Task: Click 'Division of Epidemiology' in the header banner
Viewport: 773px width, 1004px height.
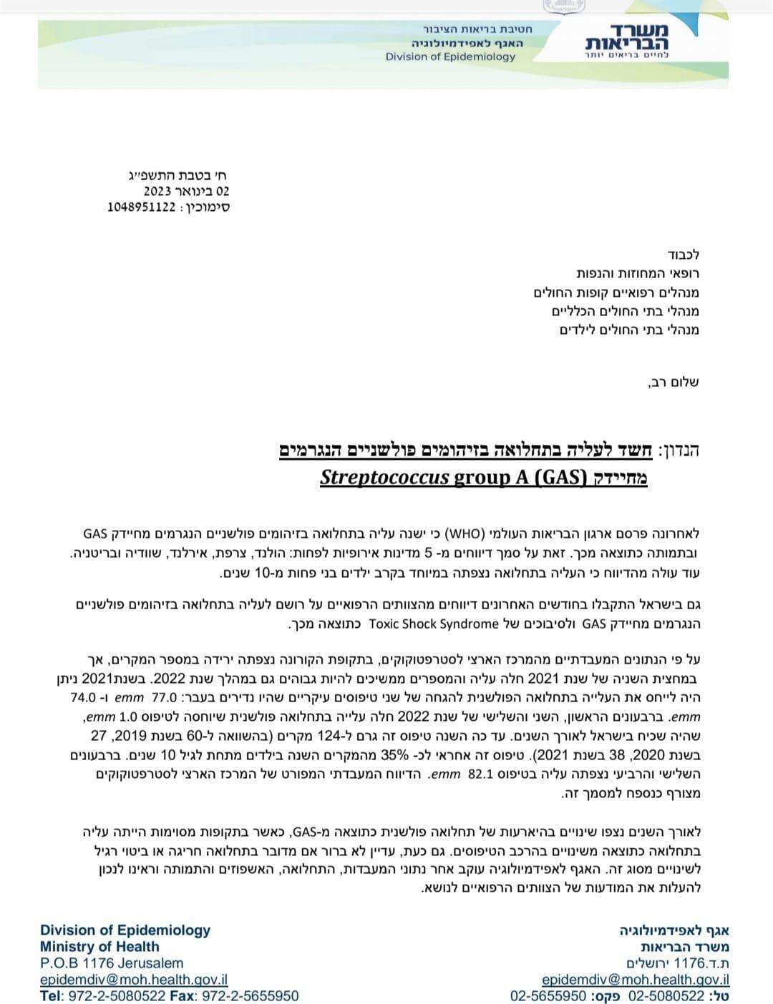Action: [450, 56]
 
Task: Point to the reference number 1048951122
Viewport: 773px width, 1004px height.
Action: [142, 207]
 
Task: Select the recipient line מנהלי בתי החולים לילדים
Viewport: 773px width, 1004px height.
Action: [629, 330]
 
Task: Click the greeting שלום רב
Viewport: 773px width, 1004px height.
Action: [674, 382]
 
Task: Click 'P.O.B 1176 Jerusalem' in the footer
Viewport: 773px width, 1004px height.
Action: [112, 963]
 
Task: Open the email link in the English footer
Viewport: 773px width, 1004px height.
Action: [134, 980]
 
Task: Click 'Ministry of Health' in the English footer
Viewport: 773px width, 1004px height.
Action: [99, 947]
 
